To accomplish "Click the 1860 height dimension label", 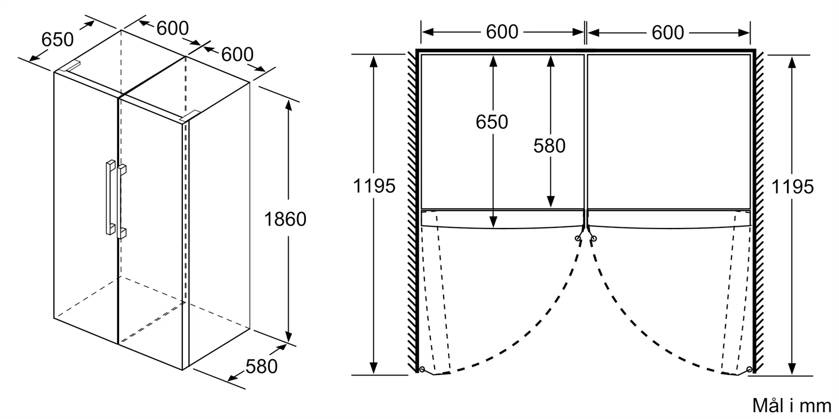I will pyautogui.click(x=285, y=220).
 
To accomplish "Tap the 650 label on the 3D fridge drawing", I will pyautogui.click(x=58, y=40).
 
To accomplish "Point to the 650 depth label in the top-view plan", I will pyautogui.click(x=492, y=122).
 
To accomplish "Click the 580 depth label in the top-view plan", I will pyautogui.click(x=549, y=146).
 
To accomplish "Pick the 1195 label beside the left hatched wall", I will pyautogui.click(x=374, y=186).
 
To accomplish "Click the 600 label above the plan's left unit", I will pyautogui.click(x=502, y=32).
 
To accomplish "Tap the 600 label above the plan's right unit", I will pyautogui.click(x=667, y=32).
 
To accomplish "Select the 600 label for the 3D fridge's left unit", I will pyautogui.click(x=172, y=28).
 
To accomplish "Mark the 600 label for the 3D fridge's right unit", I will pyautogui.click(x=237, y=54).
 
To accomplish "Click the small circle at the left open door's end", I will pyautogui.click(x=421, y=369).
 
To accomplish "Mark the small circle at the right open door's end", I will pyautogui.click(x=750, y=369).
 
